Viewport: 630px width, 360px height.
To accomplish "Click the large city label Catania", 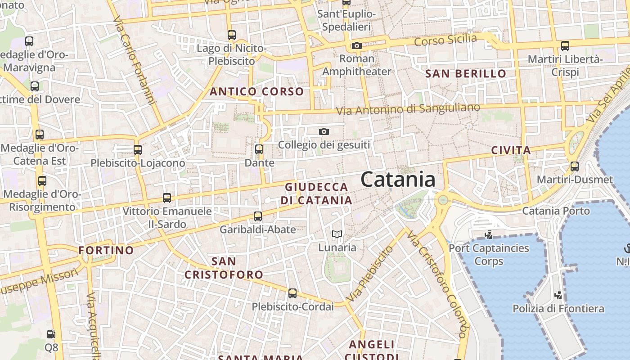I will point(398,180).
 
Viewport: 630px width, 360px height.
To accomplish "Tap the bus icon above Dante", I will point(259,149).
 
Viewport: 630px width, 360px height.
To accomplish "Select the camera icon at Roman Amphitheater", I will point(357,45).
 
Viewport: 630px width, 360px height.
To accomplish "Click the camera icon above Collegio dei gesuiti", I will point(324,131).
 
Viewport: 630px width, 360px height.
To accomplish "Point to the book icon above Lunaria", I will point(337,234).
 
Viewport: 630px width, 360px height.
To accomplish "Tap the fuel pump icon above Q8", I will point(51,334).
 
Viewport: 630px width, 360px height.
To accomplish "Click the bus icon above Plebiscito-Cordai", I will point(292,293).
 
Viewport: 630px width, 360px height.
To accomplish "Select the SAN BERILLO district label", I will point(466,73).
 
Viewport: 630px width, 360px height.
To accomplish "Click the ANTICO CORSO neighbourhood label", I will point(257,92).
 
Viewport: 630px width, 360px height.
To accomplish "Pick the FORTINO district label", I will point(106,250).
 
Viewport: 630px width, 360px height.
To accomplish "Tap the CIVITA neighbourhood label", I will point(511,150).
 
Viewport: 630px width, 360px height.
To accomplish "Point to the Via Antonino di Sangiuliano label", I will point(409,109).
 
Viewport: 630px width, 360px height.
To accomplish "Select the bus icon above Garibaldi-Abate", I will point(258,216).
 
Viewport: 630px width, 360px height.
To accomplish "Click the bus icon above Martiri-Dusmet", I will point(575,166).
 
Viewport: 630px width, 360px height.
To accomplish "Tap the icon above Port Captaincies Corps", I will point(488,234).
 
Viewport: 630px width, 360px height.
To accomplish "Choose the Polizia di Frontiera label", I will point(558,309).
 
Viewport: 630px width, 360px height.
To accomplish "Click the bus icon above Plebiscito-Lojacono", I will point(138,150).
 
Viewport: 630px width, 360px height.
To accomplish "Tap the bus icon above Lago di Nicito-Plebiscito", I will point(232,35).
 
